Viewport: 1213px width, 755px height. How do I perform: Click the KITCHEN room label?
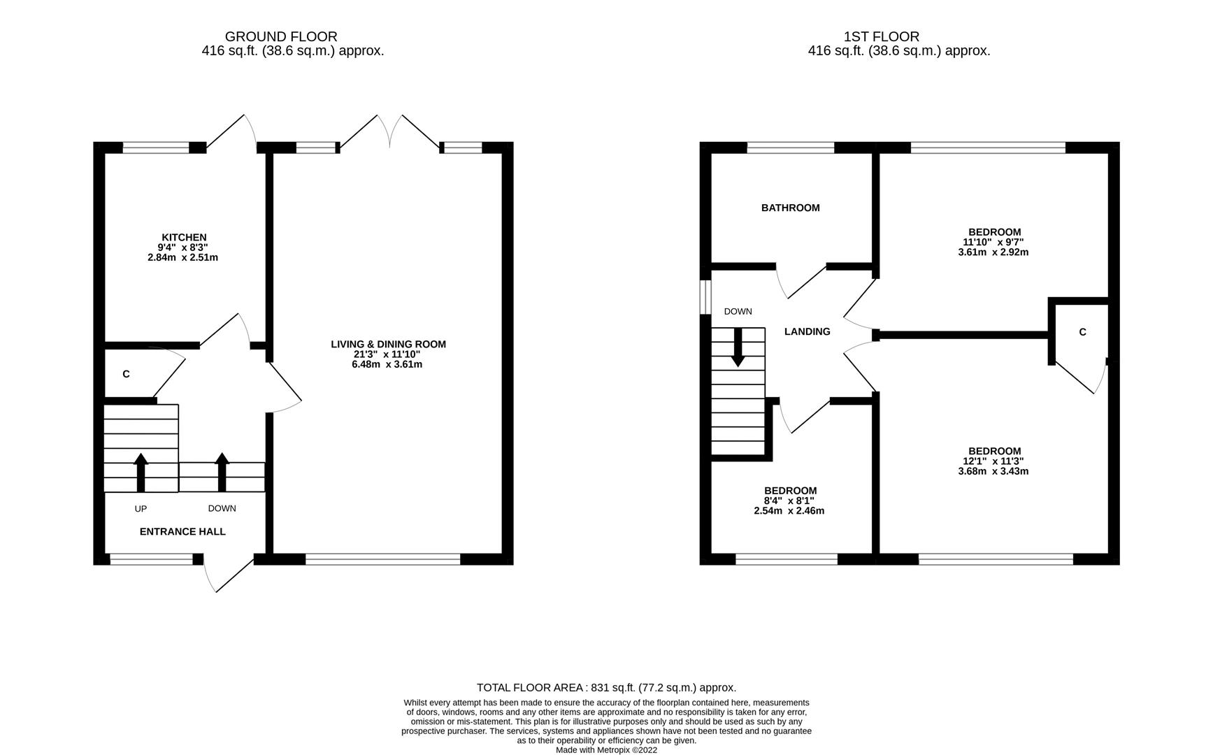184,238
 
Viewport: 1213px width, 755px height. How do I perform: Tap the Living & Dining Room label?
388,344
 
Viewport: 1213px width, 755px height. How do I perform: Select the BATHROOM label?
790,208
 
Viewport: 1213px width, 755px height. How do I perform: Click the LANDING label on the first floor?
807,331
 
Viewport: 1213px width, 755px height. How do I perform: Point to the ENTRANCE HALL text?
182,531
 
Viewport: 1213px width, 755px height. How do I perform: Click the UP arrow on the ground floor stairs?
141,472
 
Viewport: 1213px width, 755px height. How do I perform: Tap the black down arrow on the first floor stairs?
738,348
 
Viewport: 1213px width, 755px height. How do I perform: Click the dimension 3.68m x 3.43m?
993,471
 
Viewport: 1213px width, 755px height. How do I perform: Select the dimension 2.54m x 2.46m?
789,511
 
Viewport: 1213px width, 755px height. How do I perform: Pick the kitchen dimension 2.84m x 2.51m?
182,257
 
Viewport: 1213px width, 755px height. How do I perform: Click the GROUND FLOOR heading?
281,36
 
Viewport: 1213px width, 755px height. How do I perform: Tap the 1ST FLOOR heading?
881,36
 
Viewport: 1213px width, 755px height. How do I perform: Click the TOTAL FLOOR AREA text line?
606,688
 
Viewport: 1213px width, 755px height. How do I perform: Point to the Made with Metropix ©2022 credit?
606,750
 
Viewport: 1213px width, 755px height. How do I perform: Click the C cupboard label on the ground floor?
126,374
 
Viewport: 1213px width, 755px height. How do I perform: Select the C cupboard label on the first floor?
1082,332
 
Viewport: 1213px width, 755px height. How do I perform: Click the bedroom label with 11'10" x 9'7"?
994,232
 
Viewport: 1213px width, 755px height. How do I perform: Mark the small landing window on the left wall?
705,297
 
